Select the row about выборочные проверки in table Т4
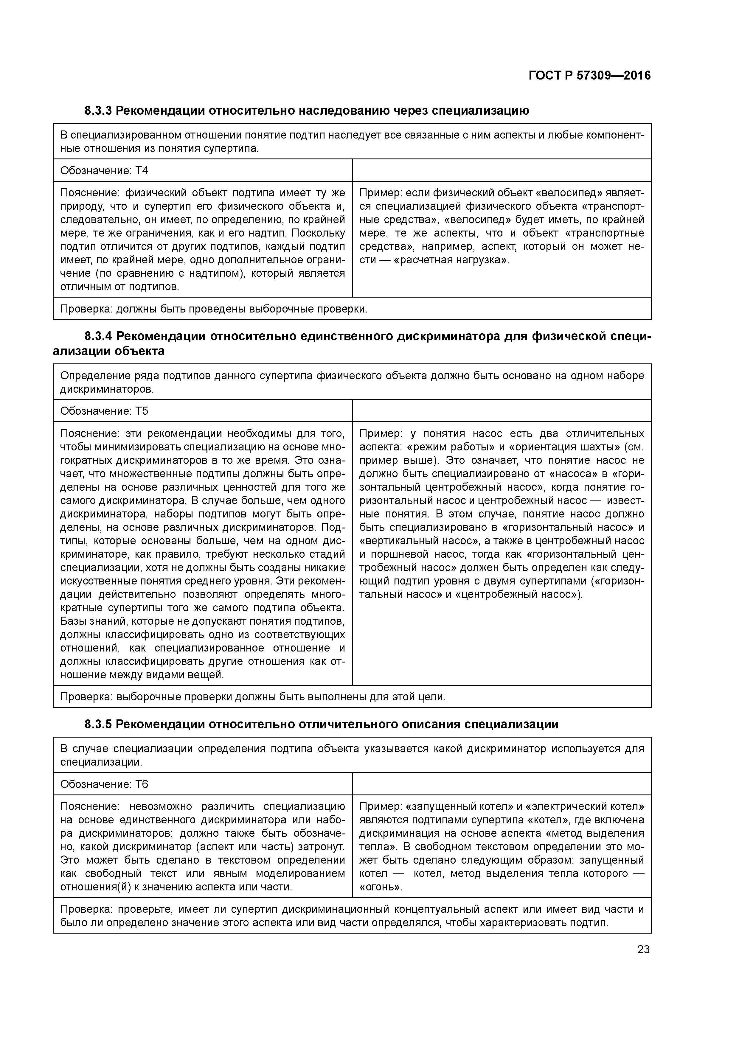click(352, 309)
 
